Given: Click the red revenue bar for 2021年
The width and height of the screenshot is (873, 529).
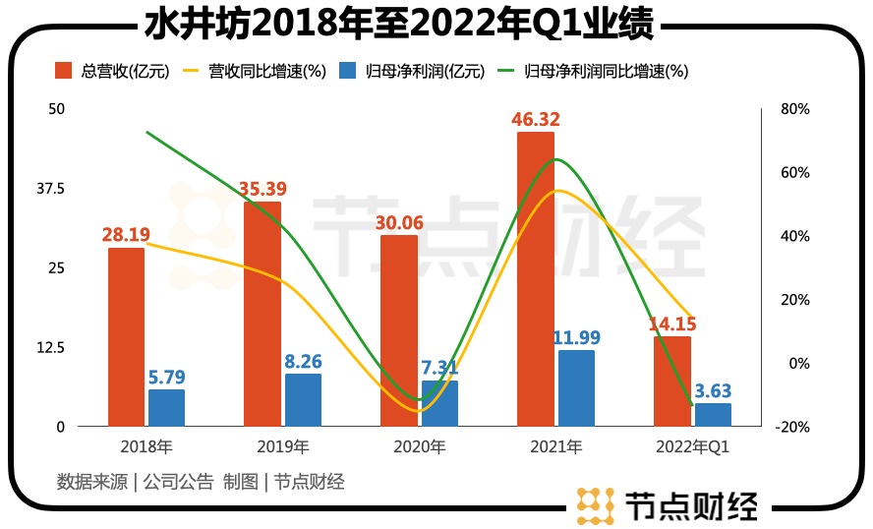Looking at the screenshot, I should tap(536, 279).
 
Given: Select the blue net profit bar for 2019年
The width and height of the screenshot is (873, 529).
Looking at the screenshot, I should tap(303, 400).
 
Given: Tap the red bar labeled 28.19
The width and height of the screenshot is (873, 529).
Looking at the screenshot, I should tap(126, 337).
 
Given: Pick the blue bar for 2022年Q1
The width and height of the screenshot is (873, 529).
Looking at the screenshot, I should tap(713, 415).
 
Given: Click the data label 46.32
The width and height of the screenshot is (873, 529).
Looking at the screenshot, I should tap(536, 119).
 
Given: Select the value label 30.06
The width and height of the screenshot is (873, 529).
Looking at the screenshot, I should tap(399, 223).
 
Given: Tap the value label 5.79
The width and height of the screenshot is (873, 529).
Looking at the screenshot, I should tap(166, 377).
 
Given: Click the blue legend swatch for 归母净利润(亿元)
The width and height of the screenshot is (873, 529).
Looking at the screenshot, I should tap(348, 71).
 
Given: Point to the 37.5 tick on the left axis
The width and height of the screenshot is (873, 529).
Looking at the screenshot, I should tap(50, 188).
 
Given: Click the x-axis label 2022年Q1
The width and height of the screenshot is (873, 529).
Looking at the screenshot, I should tap(692, 447).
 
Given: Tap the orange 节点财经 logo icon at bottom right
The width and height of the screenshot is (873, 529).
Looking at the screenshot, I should tap(595, 505).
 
